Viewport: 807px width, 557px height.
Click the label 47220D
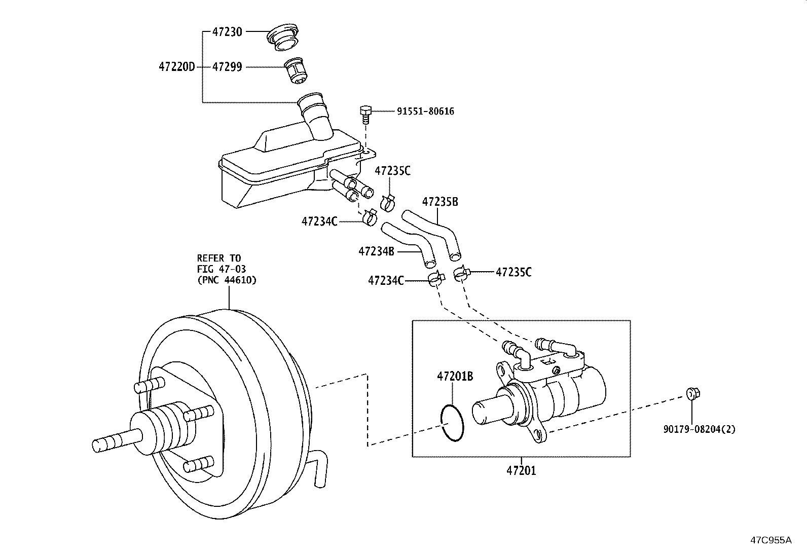tap(177, 66)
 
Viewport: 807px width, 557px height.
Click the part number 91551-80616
tap(425, 111)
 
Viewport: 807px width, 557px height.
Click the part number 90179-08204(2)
tap(699, 429)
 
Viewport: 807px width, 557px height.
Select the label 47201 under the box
tap(521, 470)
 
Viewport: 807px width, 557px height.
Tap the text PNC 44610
tap(227, 279)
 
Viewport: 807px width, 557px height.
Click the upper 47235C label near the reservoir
tap(392, 171)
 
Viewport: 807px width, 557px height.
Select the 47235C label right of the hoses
tap(513, 272)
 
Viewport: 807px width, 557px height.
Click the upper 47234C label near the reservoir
tap(319, 221)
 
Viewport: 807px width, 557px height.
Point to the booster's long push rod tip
tap(101, 445)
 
